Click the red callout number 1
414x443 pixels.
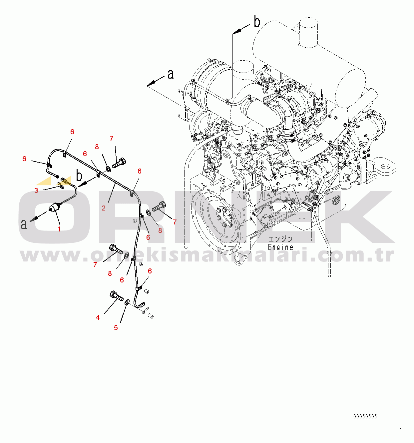(x=59, y=229)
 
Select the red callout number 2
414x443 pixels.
(x=104, y=208)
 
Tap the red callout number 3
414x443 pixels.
(x=36, y=190)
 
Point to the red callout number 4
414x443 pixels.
(x=98, y=317)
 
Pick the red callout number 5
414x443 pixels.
(x=116, y=328)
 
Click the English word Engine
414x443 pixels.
(x=280, y=247)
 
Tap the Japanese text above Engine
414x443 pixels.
(x=280, y=239)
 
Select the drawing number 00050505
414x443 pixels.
(x=365, y=416)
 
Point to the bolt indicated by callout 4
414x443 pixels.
(x=116, y=296)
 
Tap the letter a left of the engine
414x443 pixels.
(x=171, y=74)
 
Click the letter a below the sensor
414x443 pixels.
(x=24, y=224)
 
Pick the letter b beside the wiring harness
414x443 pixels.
(x=79, y=176)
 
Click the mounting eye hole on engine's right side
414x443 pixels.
(x=385, y=167)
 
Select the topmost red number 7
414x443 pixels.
(x=112, y=139)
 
